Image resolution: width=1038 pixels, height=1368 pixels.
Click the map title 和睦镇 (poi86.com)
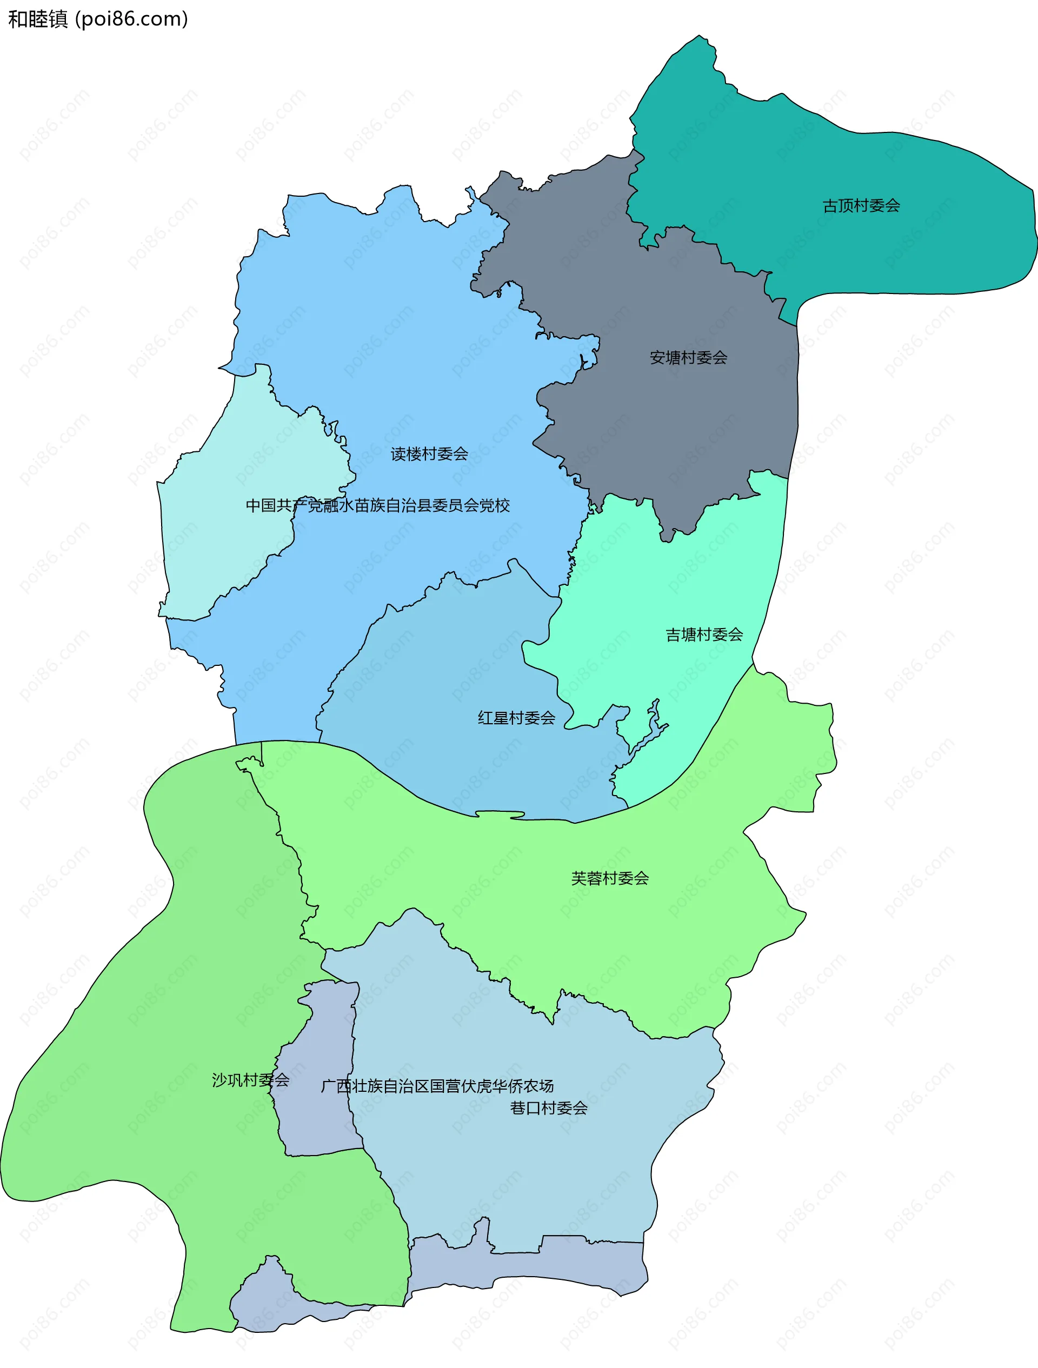tap(98, 19)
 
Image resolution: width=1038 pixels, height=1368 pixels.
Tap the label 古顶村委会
tap(861, 206)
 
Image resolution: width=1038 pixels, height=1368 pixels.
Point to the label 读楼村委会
tap(429, 454)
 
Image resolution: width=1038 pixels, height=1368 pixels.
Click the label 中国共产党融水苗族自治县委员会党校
tap(377, 505)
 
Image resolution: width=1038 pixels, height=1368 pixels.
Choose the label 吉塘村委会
tap(704, 635)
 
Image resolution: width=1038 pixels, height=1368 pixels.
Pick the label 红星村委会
tap(516, 718)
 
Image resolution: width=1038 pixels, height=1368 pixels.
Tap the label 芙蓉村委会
tap(609, 878)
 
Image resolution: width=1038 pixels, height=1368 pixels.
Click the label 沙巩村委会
tap(250, 1080)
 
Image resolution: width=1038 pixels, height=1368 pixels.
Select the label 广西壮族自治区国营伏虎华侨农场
tap(437, 1086)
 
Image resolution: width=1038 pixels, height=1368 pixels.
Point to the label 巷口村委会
tap(548, 1107)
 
